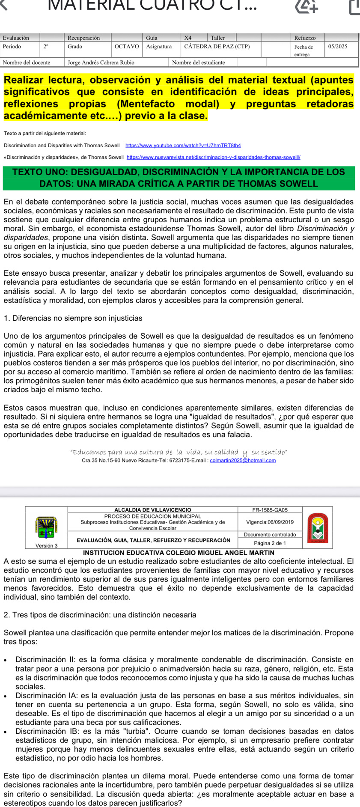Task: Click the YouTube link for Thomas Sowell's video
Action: [183, 146]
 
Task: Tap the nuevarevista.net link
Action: [213, 157]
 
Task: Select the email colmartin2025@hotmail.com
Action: [243, 461]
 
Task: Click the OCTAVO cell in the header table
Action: [127, 47]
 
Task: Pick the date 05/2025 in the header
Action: [338, 47]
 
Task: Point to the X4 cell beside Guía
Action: [188, 38]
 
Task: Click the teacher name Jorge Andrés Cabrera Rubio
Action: [101, 63]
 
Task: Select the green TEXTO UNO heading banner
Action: [179, 178]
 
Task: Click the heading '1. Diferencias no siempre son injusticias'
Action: [73, 318]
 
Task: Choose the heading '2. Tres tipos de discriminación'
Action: [100, 615]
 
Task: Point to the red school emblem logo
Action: [317, 527]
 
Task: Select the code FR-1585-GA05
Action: [270, 510]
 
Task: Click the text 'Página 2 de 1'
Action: [270, 543]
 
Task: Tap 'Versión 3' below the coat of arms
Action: [46, 545]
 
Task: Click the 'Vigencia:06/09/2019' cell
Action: [270, 522]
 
